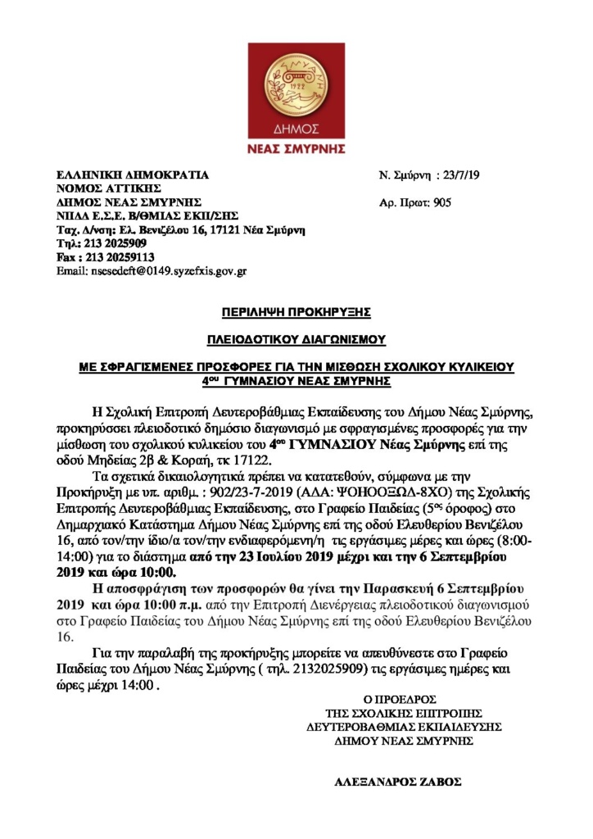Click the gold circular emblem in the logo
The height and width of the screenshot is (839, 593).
coord(296,87)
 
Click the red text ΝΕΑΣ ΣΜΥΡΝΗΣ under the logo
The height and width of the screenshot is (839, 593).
coord(296,149)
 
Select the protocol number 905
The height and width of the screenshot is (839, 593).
coord(441,202)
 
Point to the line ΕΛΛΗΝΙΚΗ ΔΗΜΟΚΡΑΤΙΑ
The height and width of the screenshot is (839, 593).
coord(132,175)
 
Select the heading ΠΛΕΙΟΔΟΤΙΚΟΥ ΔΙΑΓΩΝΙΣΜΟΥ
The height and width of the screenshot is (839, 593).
coord(296,339)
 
